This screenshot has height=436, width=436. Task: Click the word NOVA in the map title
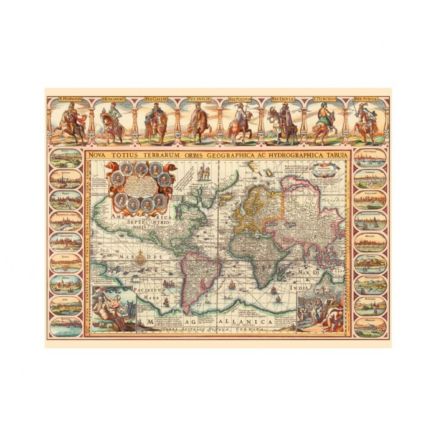tap(98, 153)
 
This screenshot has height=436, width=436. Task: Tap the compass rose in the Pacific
tap(141, 257)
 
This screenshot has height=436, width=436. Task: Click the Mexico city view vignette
tap(370, 328)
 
